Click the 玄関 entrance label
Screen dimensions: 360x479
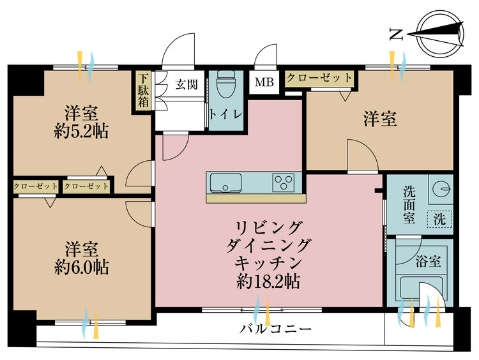(x=186, y=84)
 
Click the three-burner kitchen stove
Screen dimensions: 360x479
(x=284, y=182)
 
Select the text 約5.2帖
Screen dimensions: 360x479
(x=80, y=131)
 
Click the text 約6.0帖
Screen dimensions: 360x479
(x=80, y=266)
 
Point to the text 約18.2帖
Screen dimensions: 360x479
(x=268, y=280)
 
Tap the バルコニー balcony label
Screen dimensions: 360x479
(x=276, y=329)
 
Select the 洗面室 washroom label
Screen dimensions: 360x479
(x=409, y=204)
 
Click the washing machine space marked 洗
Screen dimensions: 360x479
(x=439, y=217)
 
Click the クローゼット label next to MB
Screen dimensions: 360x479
(x=319, y=78)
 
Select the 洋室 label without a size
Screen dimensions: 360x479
(x=381, y=118)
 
